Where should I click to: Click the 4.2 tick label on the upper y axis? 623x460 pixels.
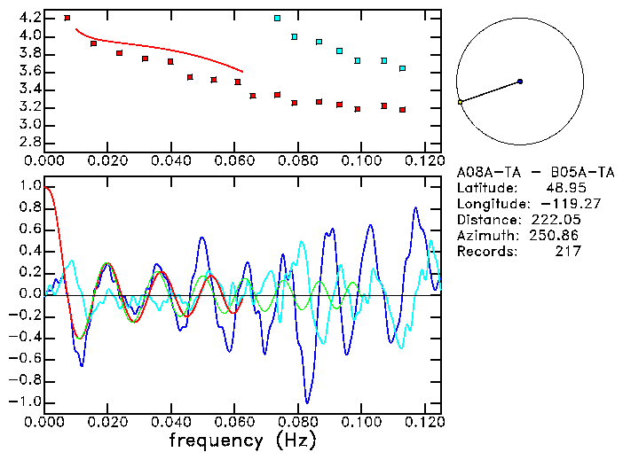(29, 18)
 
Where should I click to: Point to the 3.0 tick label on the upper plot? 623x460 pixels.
(29, 125)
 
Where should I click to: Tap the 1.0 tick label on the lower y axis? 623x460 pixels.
(29, 187)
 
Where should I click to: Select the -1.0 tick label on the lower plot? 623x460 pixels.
(26, 402)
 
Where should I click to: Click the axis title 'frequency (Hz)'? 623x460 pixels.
(241, 440)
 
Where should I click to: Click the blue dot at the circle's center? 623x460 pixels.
(520, 82)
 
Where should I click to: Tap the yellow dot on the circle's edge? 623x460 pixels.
(460, 103)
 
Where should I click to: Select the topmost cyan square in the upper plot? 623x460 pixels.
(277, 18)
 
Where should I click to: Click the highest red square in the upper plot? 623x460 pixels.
(67, 18)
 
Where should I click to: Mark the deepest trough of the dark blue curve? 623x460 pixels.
(307, 402)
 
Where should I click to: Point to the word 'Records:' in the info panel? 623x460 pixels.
(486, 252)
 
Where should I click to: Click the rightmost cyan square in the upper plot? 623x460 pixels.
(402, 68)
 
